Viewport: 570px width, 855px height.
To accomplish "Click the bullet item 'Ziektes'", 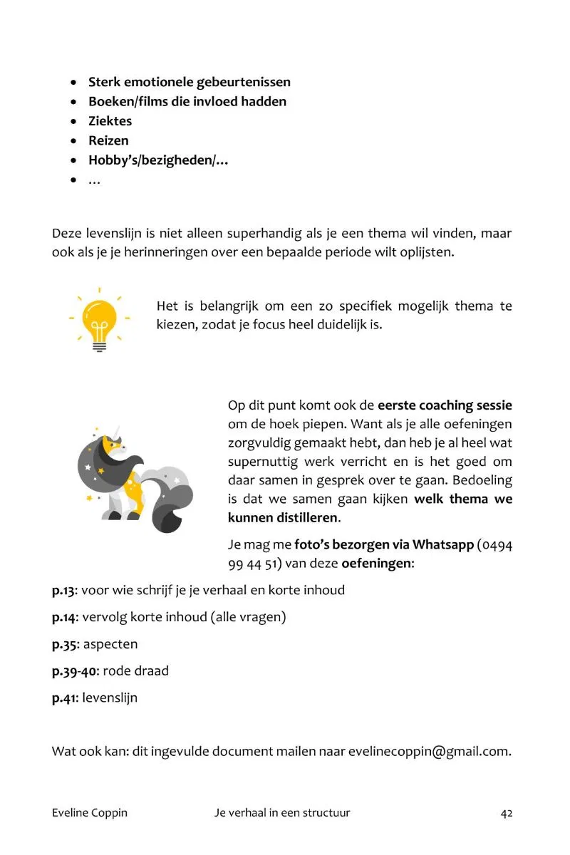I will (x=110, y=121).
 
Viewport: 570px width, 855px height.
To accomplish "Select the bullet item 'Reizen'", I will (x=108, y=140).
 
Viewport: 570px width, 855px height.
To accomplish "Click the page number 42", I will (x=507, y=813).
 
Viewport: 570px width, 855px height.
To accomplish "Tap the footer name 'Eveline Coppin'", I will (x=90, y=813).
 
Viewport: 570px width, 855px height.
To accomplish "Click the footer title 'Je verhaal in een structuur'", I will (x=282, y=813).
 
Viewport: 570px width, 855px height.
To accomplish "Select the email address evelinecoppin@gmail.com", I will (x=429, y=751).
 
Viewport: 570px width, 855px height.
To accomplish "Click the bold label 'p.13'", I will (x=63, y=591).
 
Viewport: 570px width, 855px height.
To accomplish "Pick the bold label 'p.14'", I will (x=64, y=617).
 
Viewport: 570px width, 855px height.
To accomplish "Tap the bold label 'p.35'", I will (x=64, y=644).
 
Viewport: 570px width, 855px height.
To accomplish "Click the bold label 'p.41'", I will (x=63, y=698).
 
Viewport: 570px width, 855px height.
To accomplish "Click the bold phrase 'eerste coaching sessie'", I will (x=445, y=405).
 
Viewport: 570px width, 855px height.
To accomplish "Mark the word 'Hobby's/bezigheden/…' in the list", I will (x=158, y=160).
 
